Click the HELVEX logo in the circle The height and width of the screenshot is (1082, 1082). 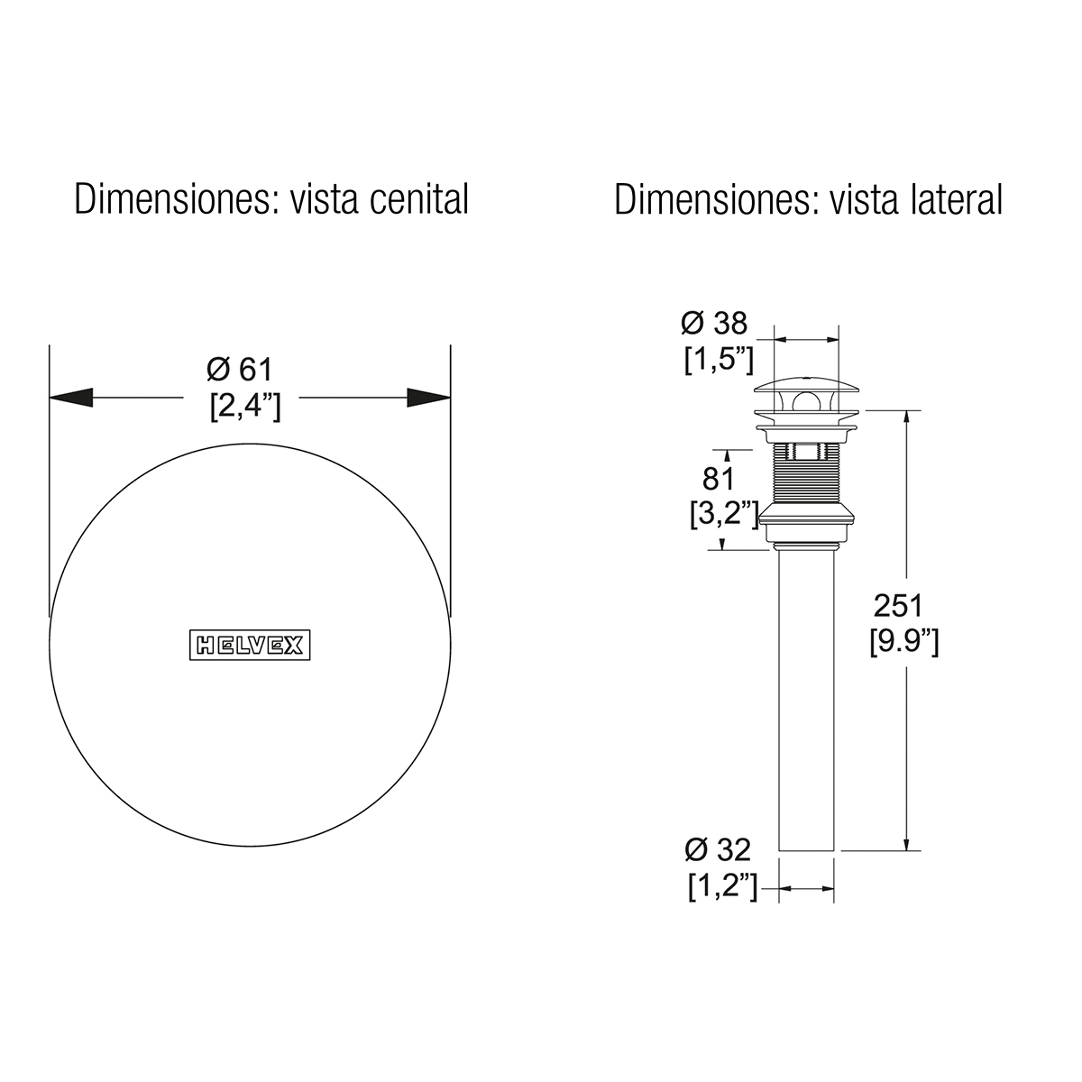point(250,645)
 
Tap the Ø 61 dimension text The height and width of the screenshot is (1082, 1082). point(240,370)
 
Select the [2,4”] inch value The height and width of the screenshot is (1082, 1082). point(245,406)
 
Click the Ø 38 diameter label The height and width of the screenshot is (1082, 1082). point(714,324)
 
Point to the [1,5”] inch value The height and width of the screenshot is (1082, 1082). point(719,360)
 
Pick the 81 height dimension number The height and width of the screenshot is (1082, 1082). point(719,479)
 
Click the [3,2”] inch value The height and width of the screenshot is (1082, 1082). point(724,514)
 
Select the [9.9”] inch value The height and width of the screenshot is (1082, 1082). point(904,641)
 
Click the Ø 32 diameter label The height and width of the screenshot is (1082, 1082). point(718,850)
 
